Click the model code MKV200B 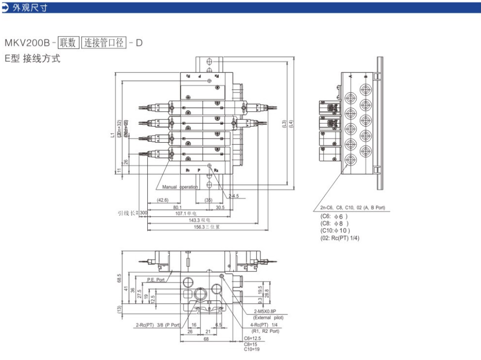(27, 43)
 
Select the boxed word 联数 (68, 43)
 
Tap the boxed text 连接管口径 (103, 43)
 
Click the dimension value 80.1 (177, 207)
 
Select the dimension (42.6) (163, 200)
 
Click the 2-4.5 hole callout (233, 195)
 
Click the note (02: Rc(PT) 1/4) (340, 238)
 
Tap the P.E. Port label (156, 280)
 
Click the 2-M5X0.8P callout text (266, 312)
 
